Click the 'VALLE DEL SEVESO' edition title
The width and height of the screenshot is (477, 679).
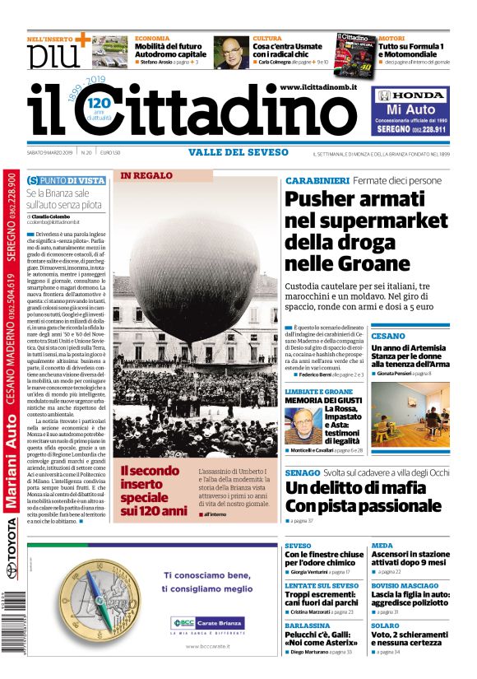(238, 151)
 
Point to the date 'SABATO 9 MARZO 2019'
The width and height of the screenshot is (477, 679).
(50, 152)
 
